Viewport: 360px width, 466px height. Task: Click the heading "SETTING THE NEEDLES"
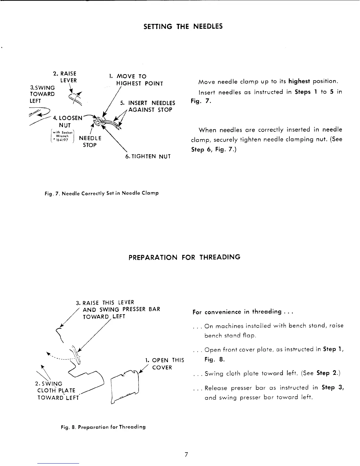coord(183,26)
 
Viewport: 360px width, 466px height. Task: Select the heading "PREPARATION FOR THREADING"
coord(184,257)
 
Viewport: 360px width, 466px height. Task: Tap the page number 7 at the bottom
coord(186,455)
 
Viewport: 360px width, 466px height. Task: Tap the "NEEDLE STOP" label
coord(90,142)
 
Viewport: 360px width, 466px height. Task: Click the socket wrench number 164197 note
coord(60,136)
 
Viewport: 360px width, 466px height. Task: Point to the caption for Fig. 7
coord(102,193)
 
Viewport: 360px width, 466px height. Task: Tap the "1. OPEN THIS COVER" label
coord(165,364)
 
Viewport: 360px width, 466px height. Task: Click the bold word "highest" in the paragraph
coord(299,81)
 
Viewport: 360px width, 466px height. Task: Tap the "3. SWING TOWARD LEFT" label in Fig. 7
coord(42,94)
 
